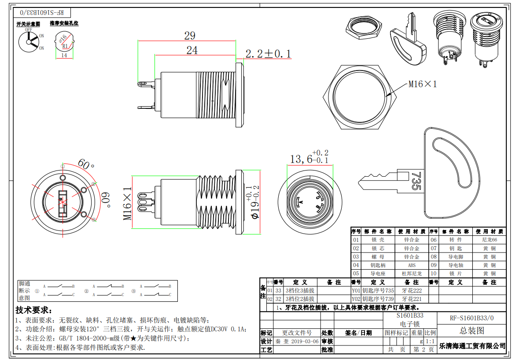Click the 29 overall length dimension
(190, 36)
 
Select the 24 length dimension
(192, 50)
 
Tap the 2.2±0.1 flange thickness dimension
(268, 54)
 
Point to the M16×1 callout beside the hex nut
(423, 84)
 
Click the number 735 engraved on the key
(415, 181)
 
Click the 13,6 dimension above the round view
(301, 159)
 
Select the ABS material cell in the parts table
(412, 265)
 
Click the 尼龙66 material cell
(489, 240)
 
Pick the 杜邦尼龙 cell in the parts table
(412, 274)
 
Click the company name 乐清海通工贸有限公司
(472, 346)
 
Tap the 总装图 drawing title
(471, 330)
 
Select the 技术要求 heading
(33, 310)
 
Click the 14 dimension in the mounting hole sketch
(64, 56)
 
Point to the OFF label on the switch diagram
(29, 30)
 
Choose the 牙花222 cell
(412, 291)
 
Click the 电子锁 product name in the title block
(410, 324)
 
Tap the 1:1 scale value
(430, 341)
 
